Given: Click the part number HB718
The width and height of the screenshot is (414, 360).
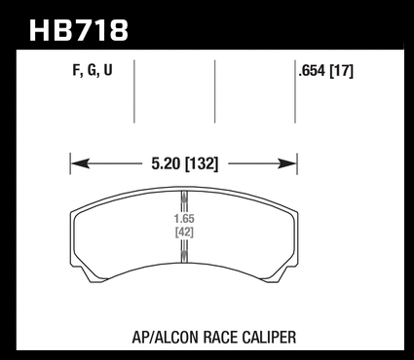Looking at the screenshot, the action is [79, 30].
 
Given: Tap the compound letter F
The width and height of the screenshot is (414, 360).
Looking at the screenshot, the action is [76, 70].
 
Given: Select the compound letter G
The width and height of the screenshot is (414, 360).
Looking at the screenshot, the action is [92, 70].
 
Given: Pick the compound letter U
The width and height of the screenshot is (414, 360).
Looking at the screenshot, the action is [108, 70].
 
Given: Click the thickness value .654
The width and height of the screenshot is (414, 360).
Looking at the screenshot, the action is [312, 71].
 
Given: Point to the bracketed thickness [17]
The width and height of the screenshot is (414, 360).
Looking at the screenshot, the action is [341, 71].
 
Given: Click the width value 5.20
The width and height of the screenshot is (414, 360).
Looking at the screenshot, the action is [166, 163].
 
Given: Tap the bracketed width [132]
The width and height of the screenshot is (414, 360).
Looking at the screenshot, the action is [202, 163].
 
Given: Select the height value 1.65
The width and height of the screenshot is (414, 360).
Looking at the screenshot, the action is [184, 219].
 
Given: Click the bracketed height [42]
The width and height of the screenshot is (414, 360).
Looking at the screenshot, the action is [184, 233].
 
